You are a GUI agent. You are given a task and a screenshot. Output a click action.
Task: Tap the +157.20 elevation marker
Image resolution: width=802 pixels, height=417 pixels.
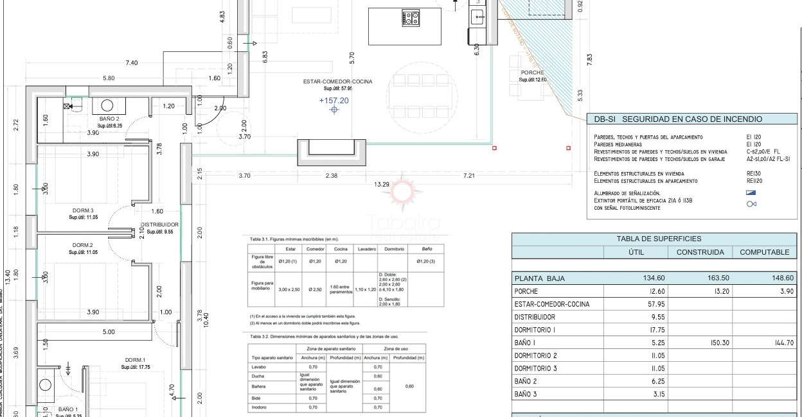point(334,101)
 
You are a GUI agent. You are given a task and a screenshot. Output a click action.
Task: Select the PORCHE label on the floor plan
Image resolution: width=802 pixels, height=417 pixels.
point(532,72)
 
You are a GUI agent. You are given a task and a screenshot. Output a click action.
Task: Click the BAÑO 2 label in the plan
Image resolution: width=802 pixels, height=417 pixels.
point(109,119)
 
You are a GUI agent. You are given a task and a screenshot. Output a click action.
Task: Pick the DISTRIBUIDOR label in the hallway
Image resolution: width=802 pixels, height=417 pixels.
point(159,225)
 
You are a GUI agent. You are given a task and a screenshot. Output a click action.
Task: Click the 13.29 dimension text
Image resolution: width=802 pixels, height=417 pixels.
point(382,185)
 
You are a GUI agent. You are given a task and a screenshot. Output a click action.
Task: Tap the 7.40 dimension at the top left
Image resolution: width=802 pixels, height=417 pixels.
point(132,63)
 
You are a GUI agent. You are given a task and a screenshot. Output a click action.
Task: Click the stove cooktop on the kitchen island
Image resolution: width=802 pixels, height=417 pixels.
point(411,18)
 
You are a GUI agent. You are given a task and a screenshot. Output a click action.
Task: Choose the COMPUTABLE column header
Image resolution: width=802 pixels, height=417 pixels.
point(764,252)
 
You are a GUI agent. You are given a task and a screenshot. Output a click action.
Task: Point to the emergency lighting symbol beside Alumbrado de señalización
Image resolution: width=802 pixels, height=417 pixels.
point(751,192)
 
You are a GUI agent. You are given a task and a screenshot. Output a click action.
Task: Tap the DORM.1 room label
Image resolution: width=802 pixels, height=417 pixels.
point(136,360)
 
